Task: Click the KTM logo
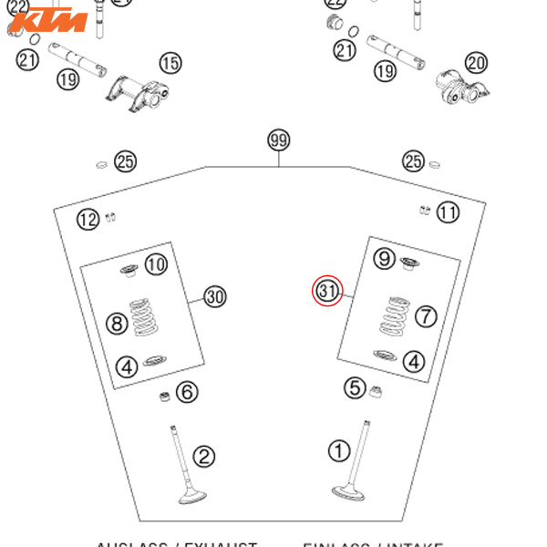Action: tap(52, 20)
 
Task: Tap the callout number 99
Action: tap(278, 140)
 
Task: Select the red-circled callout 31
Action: tap(328, 291)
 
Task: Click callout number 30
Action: tap(214, 296)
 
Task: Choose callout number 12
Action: tap(88, 219)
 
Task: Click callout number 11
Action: tap(448, 212)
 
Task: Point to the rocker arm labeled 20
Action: tap(463, 88)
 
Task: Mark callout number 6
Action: tap(187, 392)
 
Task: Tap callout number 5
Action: tap(355, 387)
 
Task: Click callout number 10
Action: tap(157, 264)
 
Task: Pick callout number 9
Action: tap(385, 259)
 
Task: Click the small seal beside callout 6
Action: tap(160, 397)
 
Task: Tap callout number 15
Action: tap(170, 63)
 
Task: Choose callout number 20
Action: tap(476, 62)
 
